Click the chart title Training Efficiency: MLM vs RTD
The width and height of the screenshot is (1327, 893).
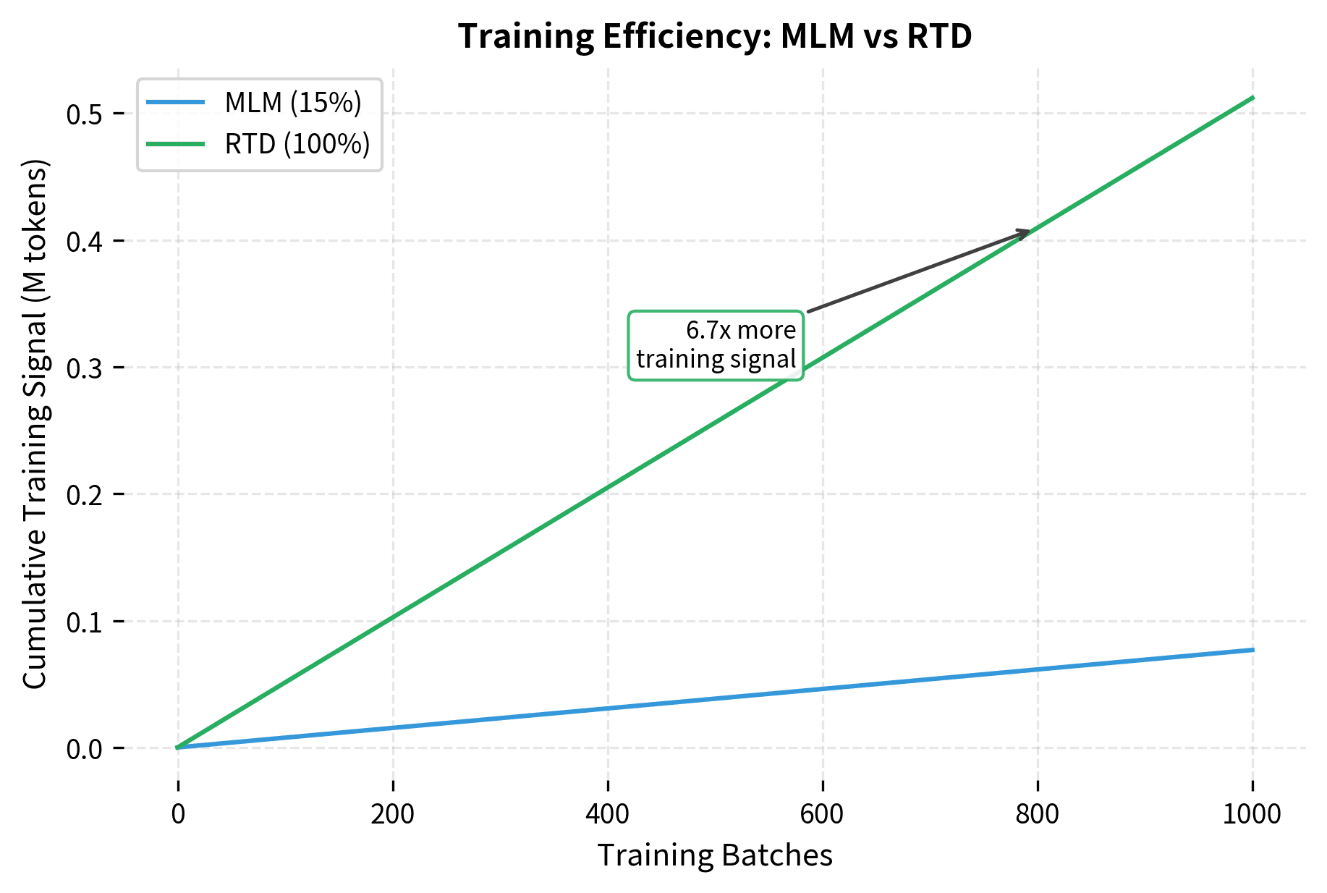point(715,36)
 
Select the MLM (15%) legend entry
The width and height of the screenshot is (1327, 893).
point(292,103)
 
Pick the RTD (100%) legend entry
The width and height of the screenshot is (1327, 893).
point(297,144)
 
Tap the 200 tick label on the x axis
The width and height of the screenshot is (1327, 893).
point(393,814)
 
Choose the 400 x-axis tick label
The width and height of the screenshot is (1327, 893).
point(608,814)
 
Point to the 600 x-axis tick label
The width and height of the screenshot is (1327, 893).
point(823,814)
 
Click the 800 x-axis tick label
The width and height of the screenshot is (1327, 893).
point(1038,814)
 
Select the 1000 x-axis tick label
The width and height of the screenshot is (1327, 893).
point(1252,814)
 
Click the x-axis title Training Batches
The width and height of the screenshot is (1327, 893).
point(715,855)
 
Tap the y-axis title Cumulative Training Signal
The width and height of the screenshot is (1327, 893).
point(35,424)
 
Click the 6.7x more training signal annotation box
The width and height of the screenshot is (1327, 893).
point(716,345)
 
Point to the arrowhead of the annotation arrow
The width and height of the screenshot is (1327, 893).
point(1029,232)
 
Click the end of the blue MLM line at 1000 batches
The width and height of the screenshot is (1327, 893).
point(1252,650)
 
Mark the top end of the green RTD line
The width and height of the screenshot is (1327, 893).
point(1252,98)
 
